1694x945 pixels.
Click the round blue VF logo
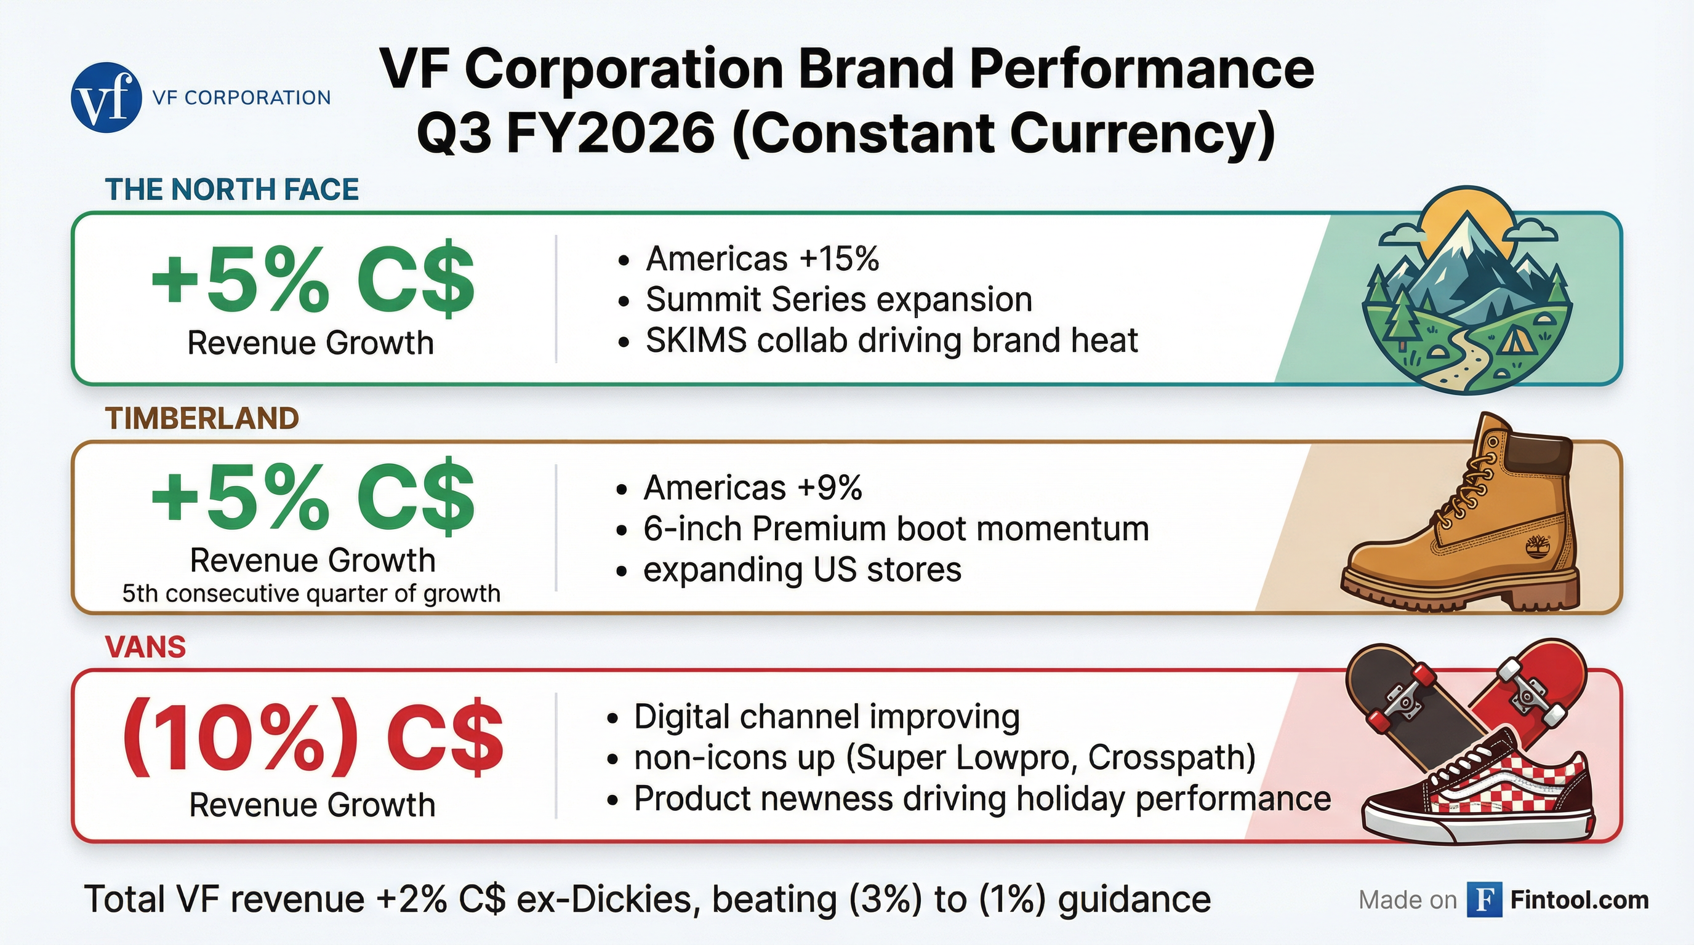pos(106,98)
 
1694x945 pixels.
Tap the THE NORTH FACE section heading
pos(232,189)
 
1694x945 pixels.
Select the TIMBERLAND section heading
pos(202,418)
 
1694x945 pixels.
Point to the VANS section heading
pos(145,647)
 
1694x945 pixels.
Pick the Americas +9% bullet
pos(752,488)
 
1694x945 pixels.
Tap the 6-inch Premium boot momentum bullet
pos(896,528)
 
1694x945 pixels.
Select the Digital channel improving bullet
pos(827,716)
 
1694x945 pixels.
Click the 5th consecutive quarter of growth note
pos(311,594)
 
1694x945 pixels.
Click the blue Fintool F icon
pos(1484,899)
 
